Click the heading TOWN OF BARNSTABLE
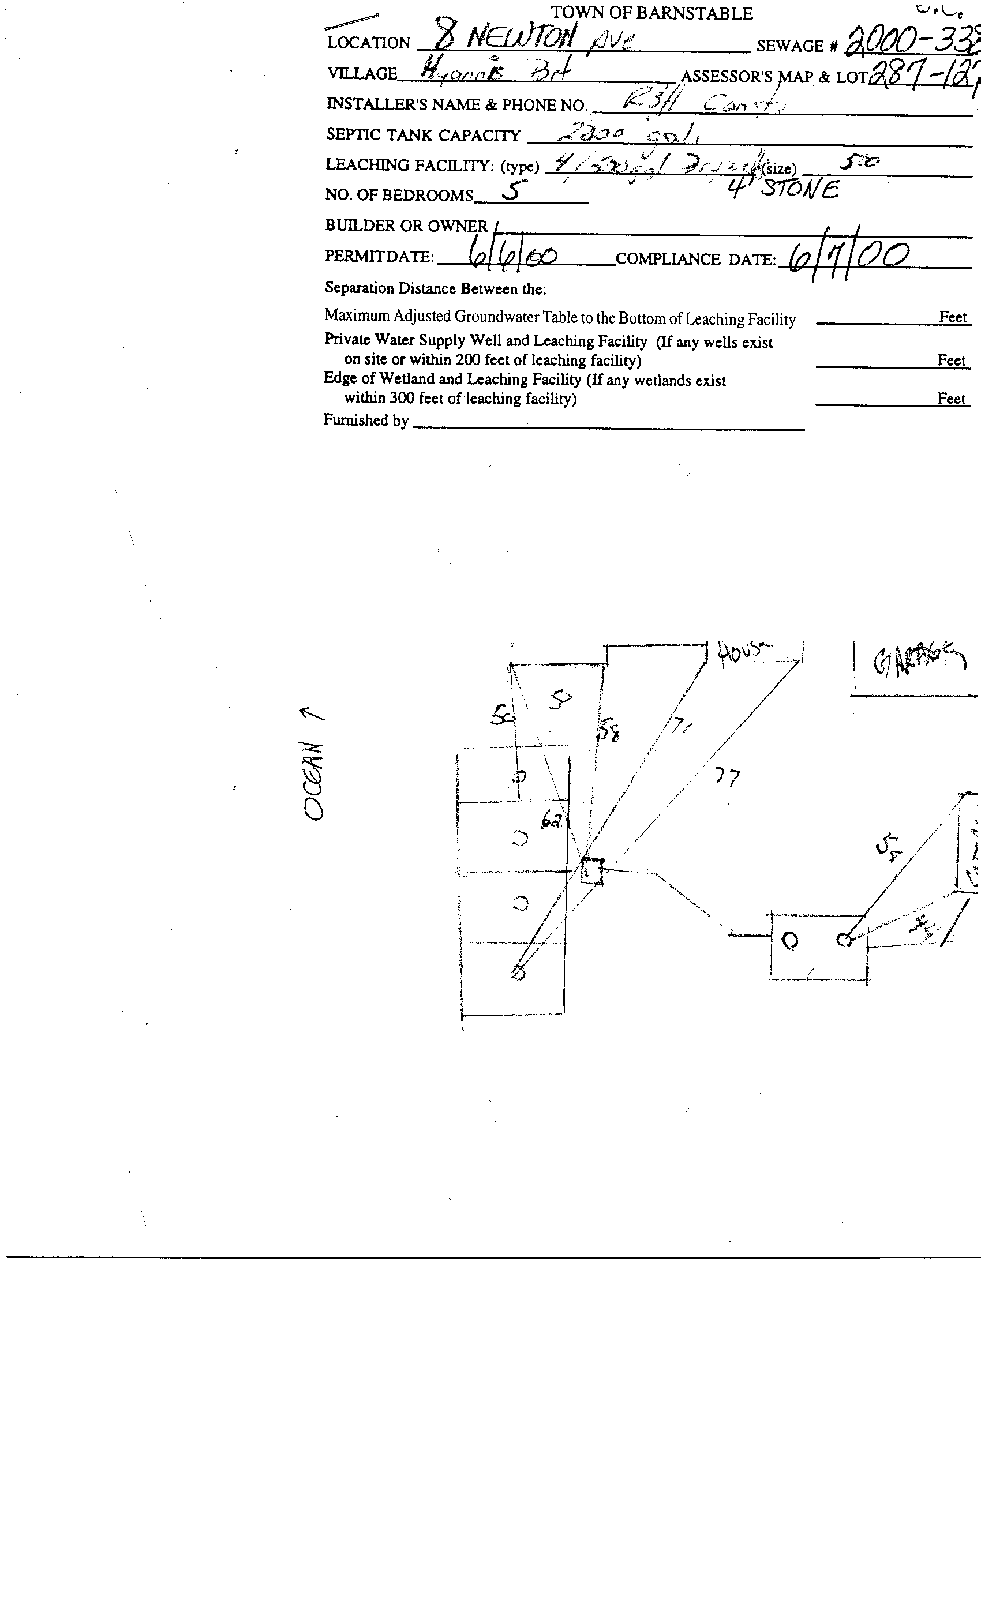651,13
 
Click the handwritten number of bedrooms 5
510,192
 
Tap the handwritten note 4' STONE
783,189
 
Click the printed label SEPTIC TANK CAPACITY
423,135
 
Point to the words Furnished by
366,420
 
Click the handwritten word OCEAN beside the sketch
314,780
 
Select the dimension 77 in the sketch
727,778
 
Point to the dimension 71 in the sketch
679,725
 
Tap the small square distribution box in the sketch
591,871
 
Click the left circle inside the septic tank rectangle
791,941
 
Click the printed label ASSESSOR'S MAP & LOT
774,77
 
